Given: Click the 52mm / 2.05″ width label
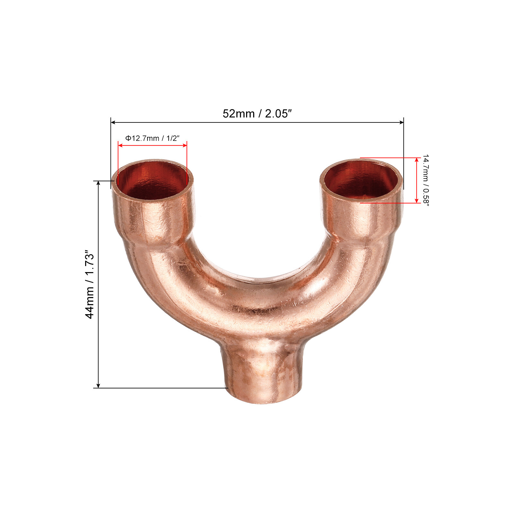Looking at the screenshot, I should (x=257, y=114).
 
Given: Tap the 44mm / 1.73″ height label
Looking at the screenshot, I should (x=90, y=284).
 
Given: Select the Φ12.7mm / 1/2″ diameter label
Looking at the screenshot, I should (x=152, y=138).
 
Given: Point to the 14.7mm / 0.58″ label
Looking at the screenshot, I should (x=425, y=180).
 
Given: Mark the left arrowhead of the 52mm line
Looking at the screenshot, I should (x=113, y=122).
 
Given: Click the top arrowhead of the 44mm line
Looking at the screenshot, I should (x=98, y=183).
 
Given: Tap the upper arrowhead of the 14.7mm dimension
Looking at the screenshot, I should (x=417, y=160).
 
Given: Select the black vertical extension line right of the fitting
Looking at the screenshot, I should (x=403, y=154).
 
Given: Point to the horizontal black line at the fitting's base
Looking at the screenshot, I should (x=161, y=388).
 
